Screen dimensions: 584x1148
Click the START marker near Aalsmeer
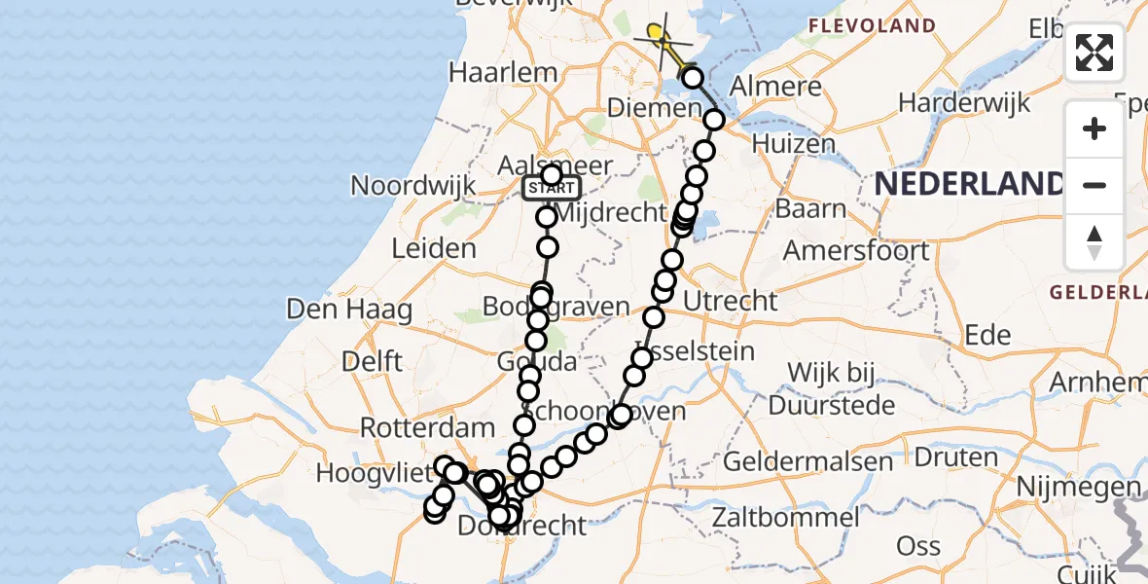point(552,188)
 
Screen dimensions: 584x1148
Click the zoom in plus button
point(1094,128)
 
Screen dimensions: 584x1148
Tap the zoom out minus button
point(1094,185)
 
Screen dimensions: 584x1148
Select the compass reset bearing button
point(1094,242)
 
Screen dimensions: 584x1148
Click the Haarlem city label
point(503,72)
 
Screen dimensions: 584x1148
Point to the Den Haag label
point(348,310)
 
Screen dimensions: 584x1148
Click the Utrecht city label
point(731,301)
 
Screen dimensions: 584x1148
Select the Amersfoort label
point(856,250)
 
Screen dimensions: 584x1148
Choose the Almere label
point(775,86)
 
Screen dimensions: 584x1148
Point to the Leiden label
point(434,248)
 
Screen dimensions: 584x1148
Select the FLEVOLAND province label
point(872,26)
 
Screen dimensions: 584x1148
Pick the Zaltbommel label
point(785,517)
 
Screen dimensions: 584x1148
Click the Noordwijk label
point(413,185)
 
